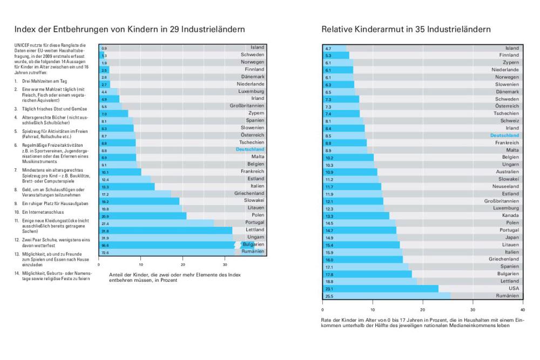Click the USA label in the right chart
[x=513, y=288]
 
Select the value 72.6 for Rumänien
[x=105, y=253]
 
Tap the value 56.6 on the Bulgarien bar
[x=105, y=244]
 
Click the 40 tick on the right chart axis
[x=522, y=310]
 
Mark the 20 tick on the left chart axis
[x=183, y=265]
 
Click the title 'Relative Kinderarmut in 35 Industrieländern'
[x=406, y=29]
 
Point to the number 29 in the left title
[x=181, y=29]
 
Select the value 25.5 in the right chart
[x=328, y=296]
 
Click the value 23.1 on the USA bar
[x=328, y=288]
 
